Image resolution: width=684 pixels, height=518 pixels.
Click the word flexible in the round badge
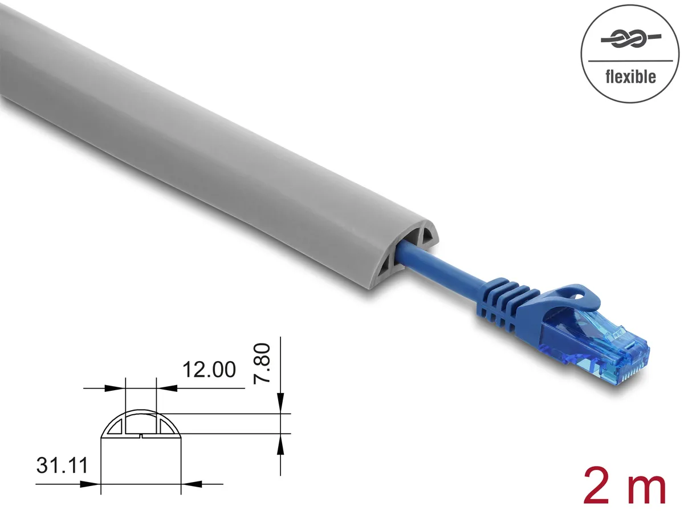(630, 76)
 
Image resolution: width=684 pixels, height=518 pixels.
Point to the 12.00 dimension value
(209, 370)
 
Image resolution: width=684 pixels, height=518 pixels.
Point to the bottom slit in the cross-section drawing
(140, 436)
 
